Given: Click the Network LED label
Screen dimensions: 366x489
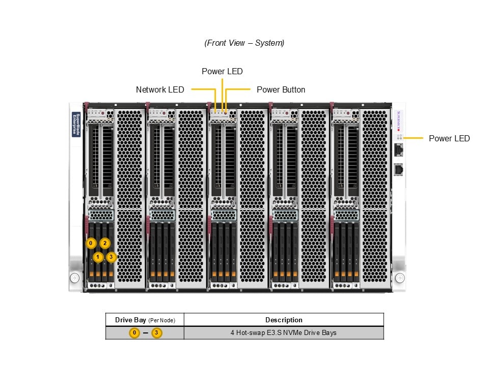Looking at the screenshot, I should pos(160,89).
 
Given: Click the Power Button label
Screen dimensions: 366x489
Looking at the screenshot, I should pos(281,89).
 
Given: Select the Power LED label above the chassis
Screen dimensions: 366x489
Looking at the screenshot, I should pos(222,71).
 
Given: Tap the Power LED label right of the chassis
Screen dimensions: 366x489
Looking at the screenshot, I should pos(449,138).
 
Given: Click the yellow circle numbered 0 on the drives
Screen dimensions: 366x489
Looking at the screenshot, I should pos(91,243).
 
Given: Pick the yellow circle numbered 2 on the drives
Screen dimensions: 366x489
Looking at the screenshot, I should pos(105,243).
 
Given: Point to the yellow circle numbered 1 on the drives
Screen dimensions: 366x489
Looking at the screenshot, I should pos(98,257).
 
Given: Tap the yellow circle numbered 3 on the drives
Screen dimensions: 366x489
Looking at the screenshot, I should pos(111,257).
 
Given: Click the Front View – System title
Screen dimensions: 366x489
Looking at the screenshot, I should pos(244,43).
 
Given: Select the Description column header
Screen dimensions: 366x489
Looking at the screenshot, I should pos(284,320).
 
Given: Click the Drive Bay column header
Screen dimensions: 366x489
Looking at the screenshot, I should pos(145,320).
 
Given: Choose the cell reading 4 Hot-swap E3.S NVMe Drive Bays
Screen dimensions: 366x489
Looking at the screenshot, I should pos(284,333).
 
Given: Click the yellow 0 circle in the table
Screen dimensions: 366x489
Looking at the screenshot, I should pos(134,333).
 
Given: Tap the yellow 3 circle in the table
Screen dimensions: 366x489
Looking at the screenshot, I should pos(156,333).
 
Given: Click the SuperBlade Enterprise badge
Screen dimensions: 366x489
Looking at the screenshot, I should pos(76,125).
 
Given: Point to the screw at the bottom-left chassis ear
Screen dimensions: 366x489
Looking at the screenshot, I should pos(75,278).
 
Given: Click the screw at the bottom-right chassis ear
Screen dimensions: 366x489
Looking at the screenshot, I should pos(400,278).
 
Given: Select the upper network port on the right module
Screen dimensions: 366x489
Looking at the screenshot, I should pos(399,150).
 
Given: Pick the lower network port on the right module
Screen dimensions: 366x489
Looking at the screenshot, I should pos(399,169).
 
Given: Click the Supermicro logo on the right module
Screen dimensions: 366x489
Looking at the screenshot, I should pos(399,120).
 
